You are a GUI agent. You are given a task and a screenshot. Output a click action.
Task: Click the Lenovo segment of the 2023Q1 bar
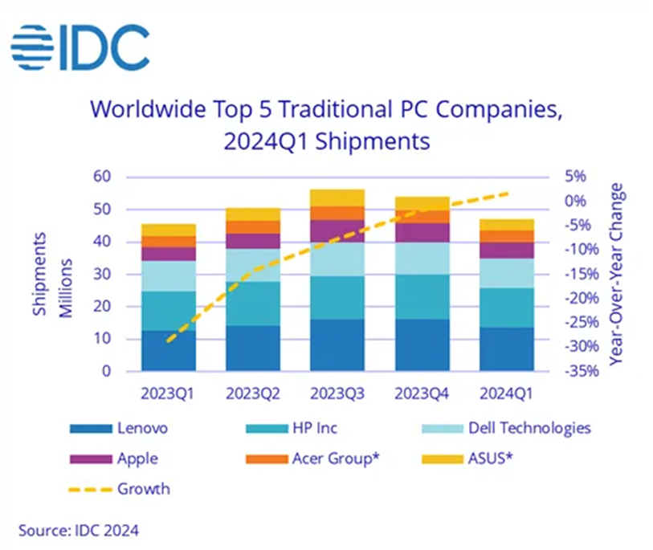(x=169, y=351)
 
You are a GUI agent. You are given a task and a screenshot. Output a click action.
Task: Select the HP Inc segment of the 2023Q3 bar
(x=337, y=297)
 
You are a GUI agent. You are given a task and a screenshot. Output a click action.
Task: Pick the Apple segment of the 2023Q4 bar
(x=422, y=232)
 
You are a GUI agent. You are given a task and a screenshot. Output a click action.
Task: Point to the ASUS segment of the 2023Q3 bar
(x=337, y=198)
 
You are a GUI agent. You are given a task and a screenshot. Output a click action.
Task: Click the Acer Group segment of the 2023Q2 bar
(x=253, y=226)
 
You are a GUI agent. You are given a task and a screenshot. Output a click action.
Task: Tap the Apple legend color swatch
(x=91, y=458)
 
